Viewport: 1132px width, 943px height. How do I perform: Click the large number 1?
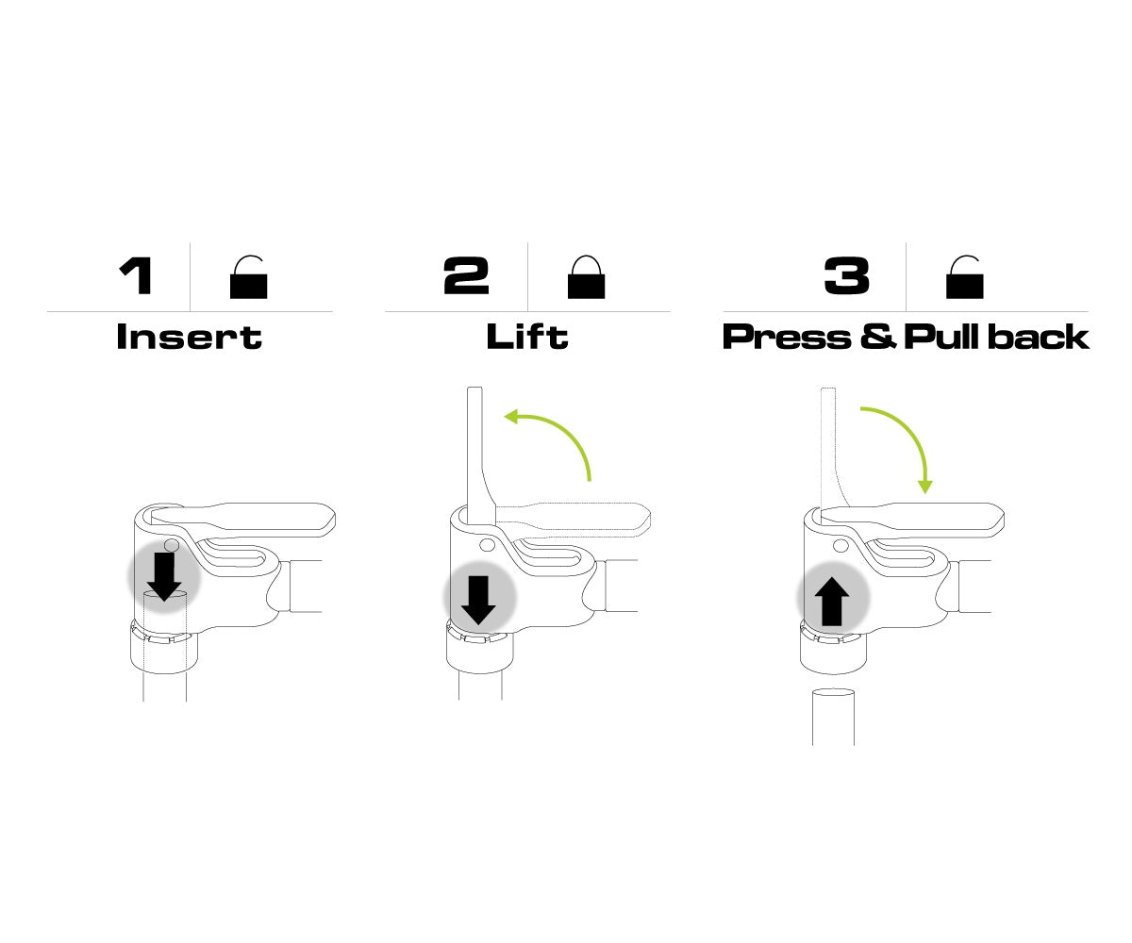coord(136,276)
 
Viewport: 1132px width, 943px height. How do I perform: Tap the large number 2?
coord(466,276)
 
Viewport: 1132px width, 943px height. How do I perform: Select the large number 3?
coord(846,276)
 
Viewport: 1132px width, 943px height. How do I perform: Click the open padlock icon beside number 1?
coord(248,277)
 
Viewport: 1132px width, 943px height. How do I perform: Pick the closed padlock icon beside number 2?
coord(586,277)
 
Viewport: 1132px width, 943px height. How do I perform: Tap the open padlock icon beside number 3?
coord(964,277)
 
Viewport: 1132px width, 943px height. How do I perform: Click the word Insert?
coord(190,337)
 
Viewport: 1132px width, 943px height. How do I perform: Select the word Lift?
coord(527,336)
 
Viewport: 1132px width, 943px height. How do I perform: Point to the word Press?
coord(787,337)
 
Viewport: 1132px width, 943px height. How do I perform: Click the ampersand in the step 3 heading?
coord(877,337)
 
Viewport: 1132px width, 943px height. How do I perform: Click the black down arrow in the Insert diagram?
coord(164,576)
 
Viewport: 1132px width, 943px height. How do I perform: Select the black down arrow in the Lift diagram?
coord(478,601)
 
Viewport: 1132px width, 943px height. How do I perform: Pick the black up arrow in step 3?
coord(832,602)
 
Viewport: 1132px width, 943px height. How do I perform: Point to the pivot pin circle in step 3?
coord(840,545)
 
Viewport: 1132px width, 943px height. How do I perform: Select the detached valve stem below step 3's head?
coord(833,716)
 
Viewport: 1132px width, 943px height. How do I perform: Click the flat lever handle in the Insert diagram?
coord(244,520)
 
